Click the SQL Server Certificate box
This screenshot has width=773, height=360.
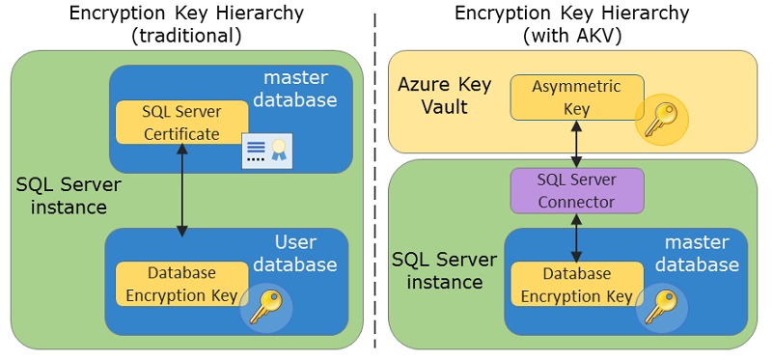click(x=181, y=123)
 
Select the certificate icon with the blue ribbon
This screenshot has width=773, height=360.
click(x=266, y=150)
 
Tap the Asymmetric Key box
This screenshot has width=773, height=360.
click(x=576, y=97)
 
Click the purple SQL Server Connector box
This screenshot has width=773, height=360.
click(x=576, y=190)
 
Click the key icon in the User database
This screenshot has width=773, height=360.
click(x=265, y=306)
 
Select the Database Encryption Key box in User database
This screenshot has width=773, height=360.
click(x=181, y=284)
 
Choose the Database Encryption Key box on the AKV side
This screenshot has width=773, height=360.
click(x=576, y=284)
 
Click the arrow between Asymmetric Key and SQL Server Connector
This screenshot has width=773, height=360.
click(x=576, y=143)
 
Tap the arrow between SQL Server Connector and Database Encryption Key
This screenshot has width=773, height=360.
click(x=576, y=237)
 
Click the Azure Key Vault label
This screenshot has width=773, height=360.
click(x=445, y=96)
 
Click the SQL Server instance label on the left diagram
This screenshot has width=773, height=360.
click(x=61, y=195)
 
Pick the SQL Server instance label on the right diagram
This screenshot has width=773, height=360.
click(x=444, y=271)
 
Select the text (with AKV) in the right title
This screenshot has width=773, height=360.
click(x=571, y=36)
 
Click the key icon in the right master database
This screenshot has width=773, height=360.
click(x=662, y=306)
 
